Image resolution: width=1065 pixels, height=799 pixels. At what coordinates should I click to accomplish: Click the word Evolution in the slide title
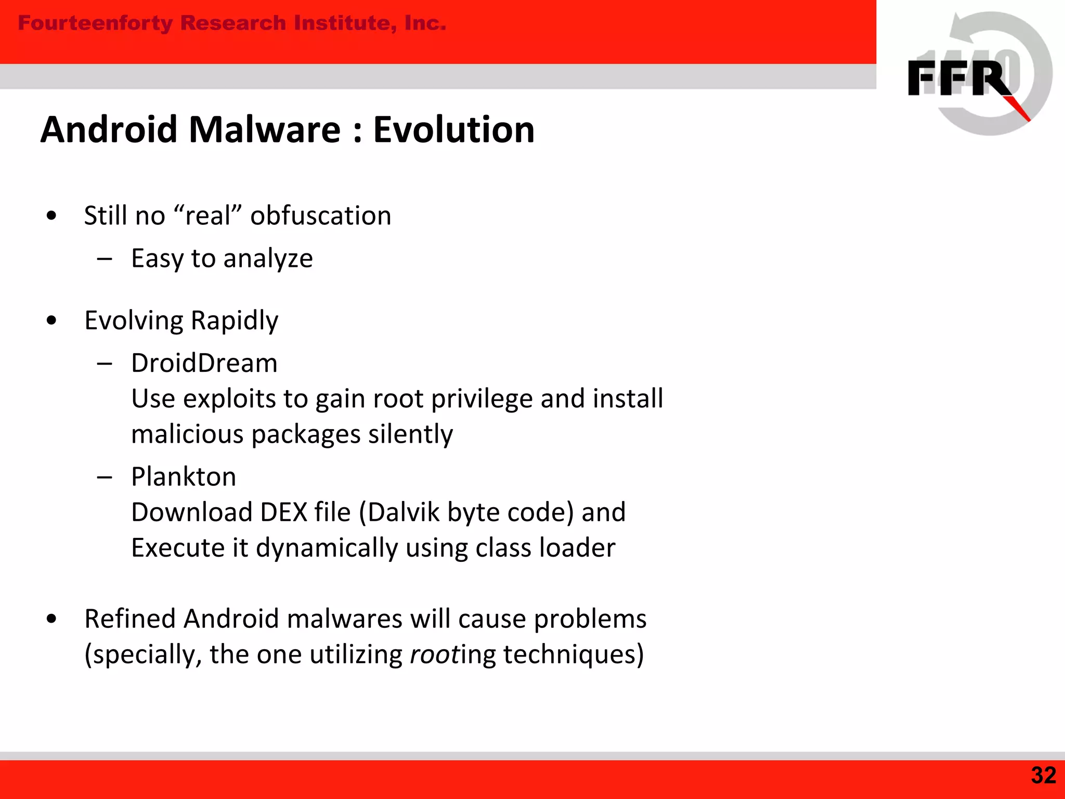point(453,130)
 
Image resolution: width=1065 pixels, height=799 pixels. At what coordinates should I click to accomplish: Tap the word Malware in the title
point(264,130)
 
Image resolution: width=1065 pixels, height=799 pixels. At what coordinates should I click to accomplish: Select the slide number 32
point(1043,776)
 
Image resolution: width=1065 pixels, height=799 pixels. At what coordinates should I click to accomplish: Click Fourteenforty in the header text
point(95,23)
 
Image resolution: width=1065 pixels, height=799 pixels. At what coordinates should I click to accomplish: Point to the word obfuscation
point(320,216)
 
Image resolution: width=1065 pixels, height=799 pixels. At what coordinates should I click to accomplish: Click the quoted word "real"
point(208,216)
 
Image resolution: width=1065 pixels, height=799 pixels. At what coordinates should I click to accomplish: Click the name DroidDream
point(204,363)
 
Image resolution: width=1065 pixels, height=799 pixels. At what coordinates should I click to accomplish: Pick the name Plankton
point(184,477)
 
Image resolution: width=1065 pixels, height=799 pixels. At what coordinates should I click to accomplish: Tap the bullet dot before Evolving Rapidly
point(51,321)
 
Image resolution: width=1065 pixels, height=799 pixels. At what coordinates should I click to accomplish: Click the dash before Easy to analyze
point(105,259)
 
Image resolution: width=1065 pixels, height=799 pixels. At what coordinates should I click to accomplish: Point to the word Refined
point(129,619)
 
